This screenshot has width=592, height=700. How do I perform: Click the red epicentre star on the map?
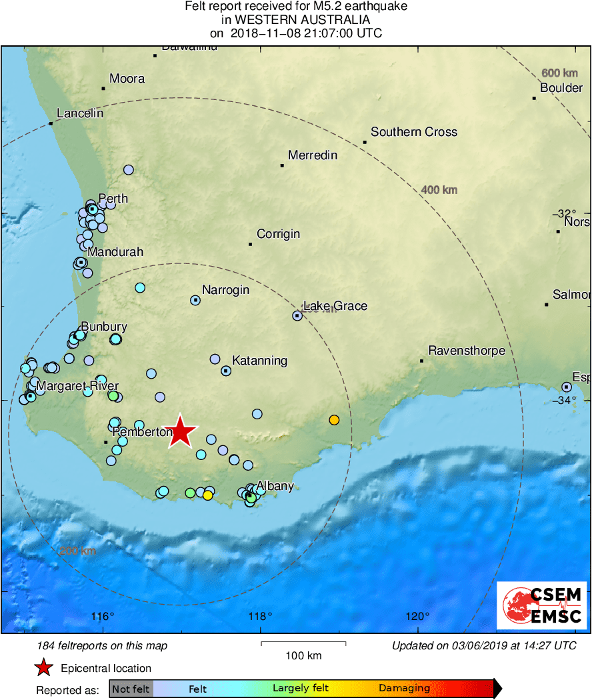(x=180, y=431)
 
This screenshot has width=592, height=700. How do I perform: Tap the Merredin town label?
(x=313, y=155)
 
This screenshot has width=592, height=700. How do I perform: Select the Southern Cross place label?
(x=414, y=132)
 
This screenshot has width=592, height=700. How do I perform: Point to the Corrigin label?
(x=279, y=234)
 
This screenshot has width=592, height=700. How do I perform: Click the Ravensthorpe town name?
(x=466, y=351)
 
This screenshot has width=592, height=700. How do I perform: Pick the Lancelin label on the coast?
(x=80, y=113)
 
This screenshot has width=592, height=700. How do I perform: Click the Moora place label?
(x=127, y=79)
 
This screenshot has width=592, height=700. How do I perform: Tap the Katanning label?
(x=259, y=361)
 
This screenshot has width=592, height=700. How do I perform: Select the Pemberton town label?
(x=143, y=432)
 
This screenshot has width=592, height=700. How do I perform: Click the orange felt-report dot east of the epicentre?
(x=334, y=419)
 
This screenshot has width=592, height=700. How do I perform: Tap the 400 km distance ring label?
(x=439, y=191)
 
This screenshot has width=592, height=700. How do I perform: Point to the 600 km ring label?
(x=559, y=73)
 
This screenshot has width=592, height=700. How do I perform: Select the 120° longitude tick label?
(x=418, y=615)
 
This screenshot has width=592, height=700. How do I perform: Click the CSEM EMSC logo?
(x=542, y=605)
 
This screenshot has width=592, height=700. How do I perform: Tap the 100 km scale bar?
(x=303, y=643)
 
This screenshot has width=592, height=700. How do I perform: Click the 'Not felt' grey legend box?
(x=131, y=689)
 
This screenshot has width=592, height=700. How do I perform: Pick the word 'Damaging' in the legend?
(x=404, y=689)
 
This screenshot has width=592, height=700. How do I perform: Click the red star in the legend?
(x=44, y=668)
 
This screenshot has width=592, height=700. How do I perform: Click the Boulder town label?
(x=561, y=88)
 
